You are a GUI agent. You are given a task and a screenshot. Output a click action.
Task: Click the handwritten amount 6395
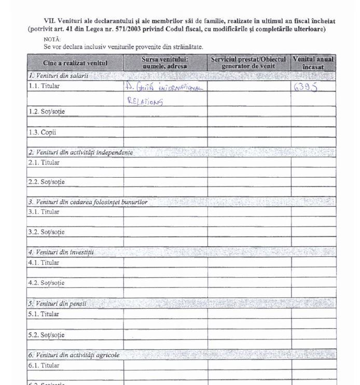306,87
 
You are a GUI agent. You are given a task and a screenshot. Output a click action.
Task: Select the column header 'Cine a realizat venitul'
75,63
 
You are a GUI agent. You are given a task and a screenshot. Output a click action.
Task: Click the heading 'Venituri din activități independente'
81,152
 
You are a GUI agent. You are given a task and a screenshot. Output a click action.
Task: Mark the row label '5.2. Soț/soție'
47,334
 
